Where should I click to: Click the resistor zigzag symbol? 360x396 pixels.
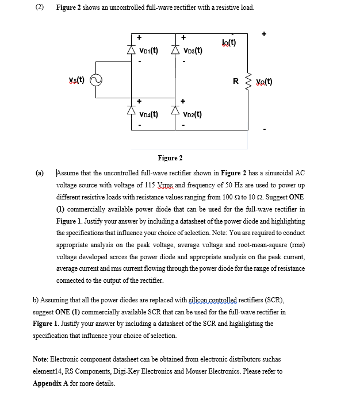tap(248, 82)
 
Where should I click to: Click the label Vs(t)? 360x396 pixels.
tap(76, 80)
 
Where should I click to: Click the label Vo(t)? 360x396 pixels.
tap(264, 82)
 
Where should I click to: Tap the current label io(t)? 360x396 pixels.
tap(228, 42)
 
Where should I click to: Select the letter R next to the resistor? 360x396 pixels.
tap(236, 82)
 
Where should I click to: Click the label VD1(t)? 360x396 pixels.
tap(147, 51)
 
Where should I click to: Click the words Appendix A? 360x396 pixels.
tap(49, 383)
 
